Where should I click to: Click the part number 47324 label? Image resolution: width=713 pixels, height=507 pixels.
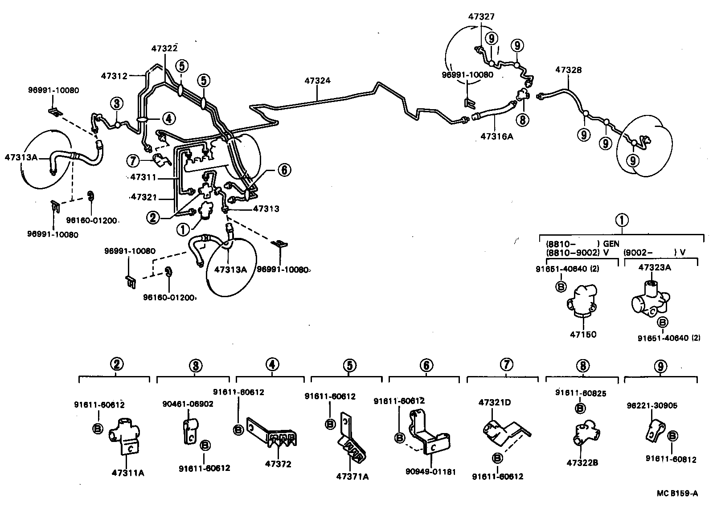tap(317, 81)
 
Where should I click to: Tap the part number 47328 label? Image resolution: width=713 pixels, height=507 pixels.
tap(568, 70)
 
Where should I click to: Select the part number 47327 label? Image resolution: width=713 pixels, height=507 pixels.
tap(481, 16)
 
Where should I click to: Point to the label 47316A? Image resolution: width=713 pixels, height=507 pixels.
tap(497, 136)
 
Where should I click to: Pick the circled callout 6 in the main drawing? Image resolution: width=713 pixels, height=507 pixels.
tap(284, 170)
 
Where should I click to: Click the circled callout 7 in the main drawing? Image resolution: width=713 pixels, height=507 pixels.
tap(133, 160)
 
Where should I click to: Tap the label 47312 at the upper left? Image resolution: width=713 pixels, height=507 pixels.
tap(114, 76)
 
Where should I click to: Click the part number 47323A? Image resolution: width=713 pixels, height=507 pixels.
tap(655, 267)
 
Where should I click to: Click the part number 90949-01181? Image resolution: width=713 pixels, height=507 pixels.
tap(430, 471)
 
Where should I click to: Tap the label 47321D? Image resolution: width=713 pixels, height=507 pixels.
tap(495, 402)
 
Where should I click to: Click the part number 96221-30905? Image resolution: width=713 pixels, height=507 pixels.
tap(648, 405)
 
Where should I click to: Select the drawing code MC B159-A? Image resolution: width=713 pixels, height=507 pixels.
tap(677, 493)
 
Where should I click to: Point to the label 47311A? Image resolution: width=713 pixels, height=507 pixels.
tap(128, 473)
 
